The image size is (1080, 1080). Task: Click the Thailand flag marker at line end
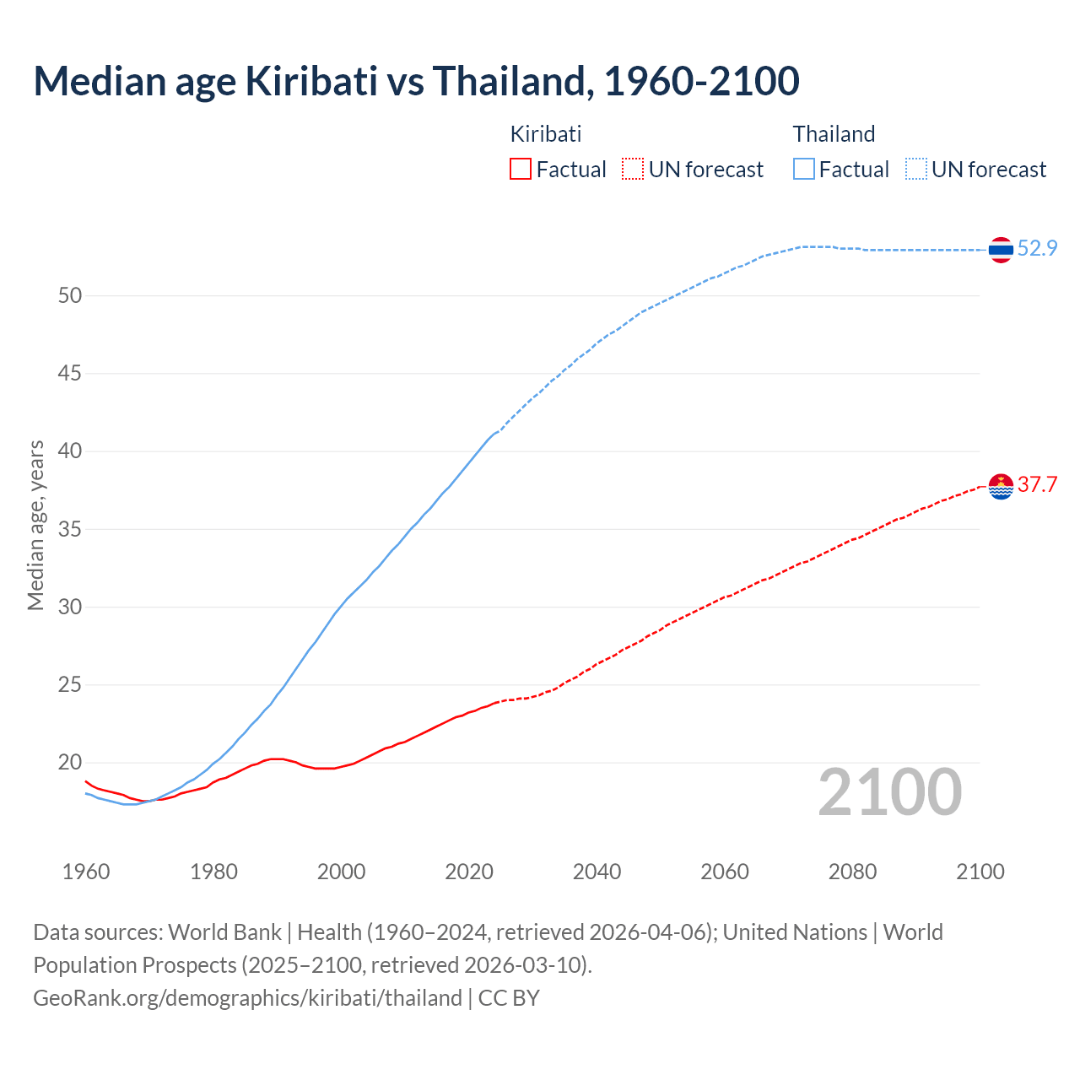point(1001,250)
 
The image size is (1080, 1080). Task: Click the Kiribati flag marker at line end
point(1001,486)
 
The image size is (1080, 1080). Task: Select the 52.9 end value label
point(1037,248)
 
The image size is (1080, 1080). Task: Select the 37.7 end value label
point(1037,484)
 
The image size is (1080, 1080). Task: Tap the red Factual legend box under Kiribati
point(521,170)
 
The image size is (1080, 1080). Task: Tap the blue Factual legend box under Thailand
point(804,170)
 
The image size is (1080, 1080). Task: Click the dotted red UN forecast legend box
point(633,170)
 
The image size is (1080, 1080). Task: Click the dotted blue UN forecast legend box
point(916,170)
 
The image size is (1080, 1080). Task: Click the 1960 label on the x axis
point(86,872)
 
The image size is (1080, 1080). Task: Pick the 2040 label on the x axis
point(597,872)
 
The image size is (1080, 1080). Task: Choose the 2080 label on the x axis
point(852,872)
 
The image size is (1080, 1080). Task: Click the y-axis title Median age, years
point(35,525)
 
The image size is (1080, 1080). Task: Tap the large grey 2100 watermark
point(889,791)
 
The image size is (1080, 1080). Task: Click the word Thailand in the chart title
point(508,81)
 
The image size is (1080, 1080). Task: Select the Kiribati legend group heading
point(546,134)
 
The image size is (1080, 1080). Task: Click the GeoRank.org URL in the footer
point(247,998)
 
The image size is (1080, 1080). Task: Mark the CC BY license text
point(509,998)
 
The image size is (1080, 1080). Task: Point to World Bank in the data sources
point(224,932)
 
